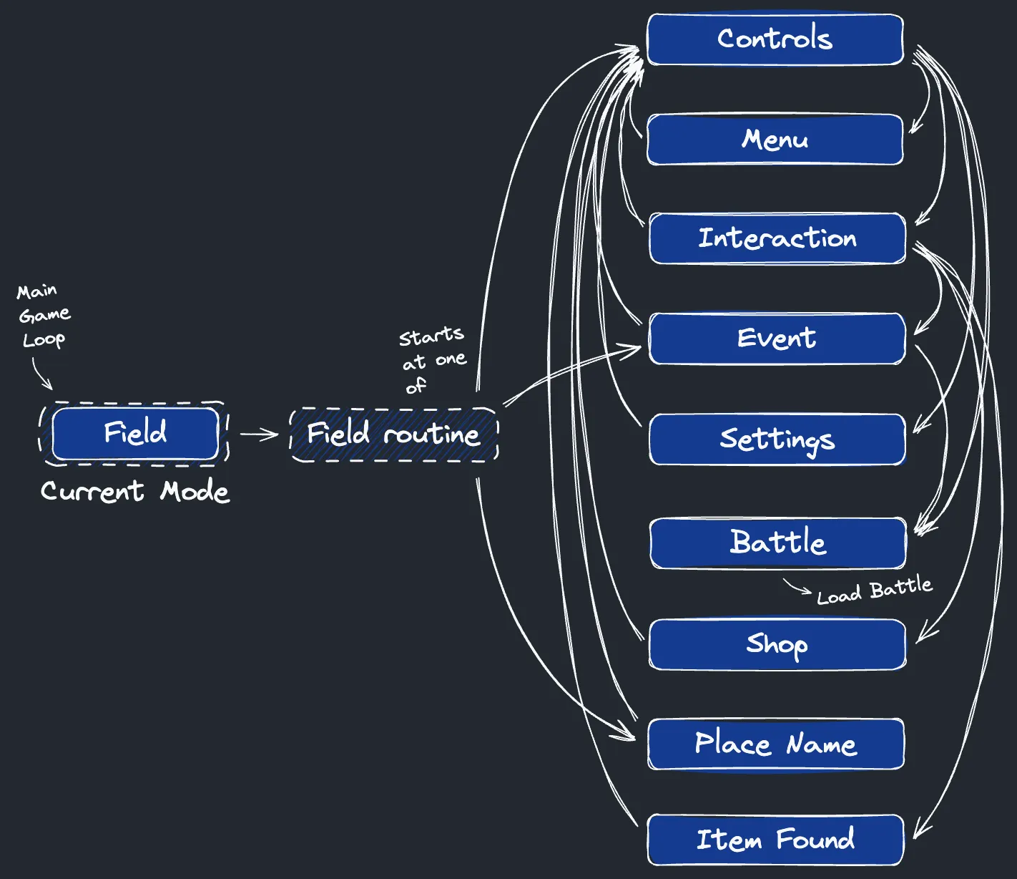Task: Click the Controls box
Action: click(x=775, y=39)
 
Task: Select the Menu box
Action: click(x=775, y=140)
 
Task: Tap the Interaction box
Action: click(x=777, y=238)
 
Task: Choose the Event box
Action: click(x=777, y=339)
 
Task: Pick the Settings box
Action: click(x=777, y=439)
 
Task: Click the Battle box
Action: click(x=777, y=543)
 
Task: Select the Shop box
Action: click(x=777, y=644)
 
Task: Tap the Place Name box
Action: click(x=775, y=744)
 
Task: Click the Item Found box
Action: click(x=775, y=840)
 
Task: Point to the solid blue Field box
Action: click(x=135, y=434)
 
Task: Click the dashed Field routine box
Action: click(x=393, y=434)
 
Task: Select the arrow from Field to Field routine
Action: click(x=259, y=434)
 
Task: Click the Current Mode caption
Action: click(x=135, y=492)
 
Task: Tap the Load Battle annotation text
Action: click(x=875, y=591)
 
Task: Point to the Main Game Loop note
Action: click(x=43, y=315)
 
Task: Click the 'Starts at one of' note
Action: click(x=433, y=360)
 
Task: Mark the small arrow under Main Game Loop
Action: click(x=41, y=374)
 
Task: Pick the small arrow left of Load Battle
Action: click(x=797, y=587)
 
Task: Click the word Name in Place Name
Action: click(x=821, y=745)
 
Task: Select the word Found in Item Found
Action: click(x=815, y=839)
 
